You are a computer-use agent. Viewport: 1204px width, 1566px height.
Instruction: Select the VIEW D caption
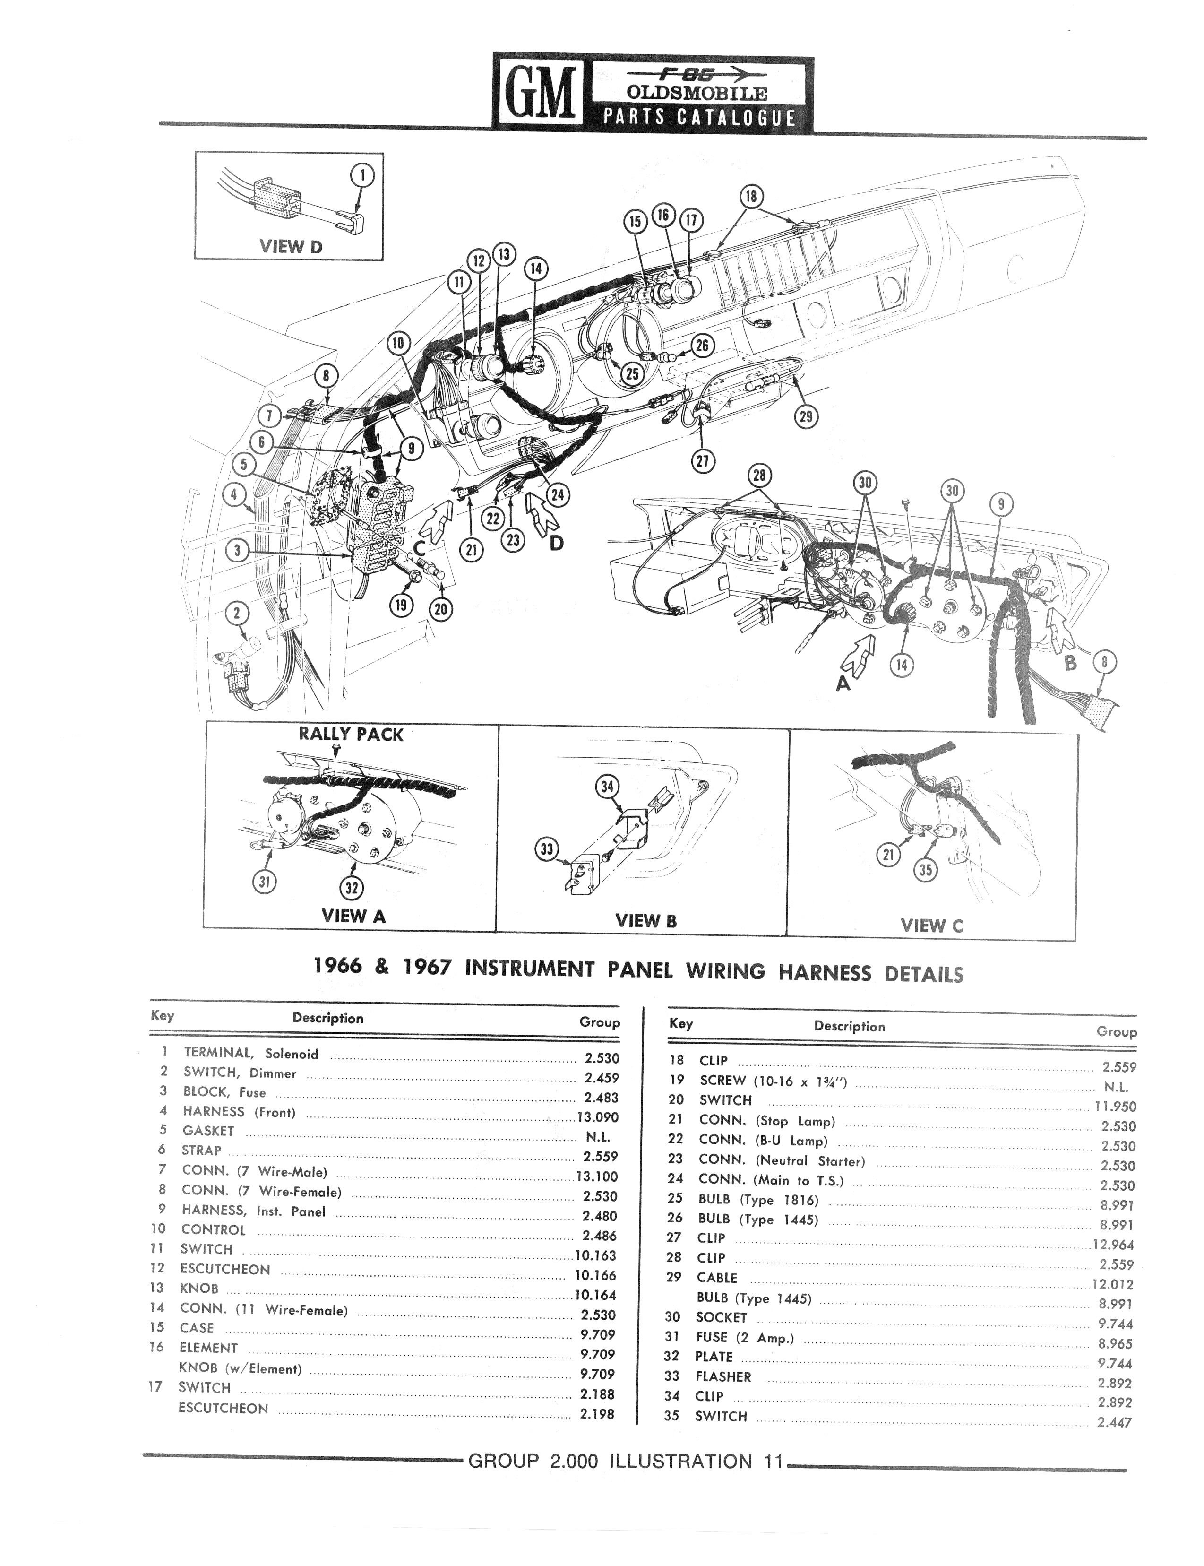291,247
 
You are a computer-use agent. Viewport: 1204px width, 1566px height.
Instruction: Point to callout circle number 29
806,416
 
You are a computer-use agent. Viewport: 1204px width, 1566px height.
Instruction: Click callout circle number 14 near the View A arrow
902,665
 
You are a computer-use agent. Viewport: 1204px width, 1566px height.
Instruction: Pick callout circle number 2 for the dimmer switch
237,614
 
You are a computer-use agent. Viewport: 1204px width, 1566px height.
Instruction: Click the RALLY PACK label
351,735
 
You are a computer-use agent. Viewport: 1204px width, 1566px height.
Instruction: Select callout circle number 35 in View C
926,870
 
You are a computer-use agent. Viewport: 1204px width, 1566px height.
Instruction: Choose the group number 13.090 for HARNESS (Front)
598,1117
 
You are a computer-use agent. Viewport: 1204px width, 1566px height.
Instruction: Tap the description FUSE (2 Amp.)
745,1337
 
